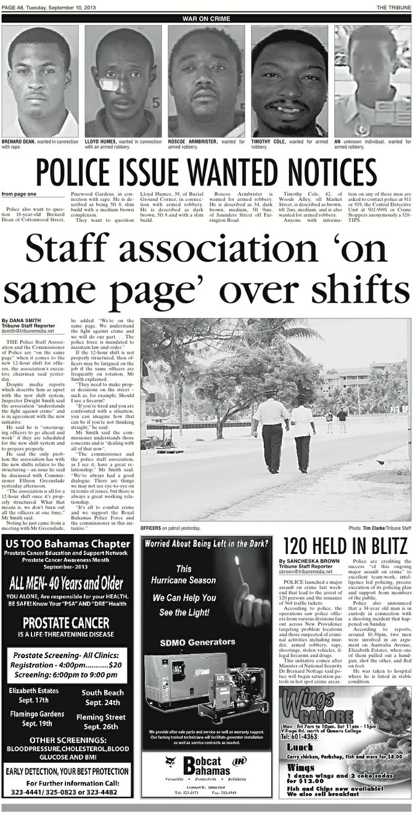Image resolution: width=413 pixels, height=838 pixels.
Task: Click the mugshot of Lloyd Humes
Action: [123, 81]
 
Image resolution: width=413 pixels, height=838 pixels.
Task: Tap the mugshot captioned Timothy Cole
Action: [289, 81]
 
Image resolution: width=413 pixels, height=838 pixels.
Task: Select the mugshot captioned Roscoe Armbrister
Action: [206, 81]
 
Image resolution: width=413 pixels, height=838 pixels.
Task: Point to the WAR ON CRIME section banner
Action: [206, 19]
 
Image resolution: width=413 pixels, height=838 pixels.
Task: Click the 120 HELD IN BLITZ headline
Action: [345, 547]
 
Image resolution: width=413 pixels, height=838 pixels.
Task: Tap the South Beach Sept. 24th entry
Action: [102, 698]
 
